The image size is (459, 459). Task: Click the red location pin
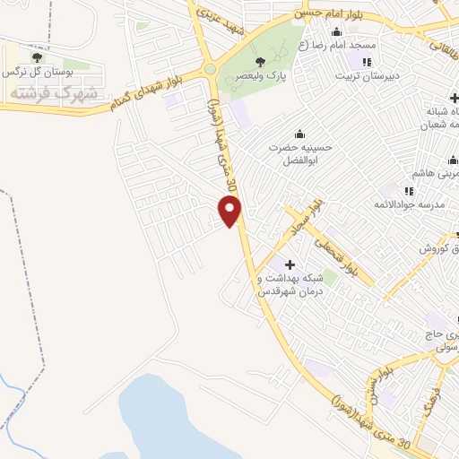point(230,211)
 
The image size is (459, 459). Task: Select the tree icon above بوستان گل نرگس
point(36,58)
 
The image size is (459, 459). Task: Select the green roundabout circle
point(210,68)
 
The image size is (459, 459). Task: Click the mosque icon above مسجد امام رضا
point(337,31)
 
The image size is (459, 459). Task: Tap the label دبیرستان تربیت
point(366,76)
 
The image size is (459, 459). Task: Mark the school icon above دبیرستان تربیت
point(366,61)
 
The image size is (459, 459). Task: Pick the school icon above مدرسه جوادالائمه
point(409,190)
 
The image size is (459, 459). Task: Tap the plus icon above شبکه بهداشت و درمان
point(290,264)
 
